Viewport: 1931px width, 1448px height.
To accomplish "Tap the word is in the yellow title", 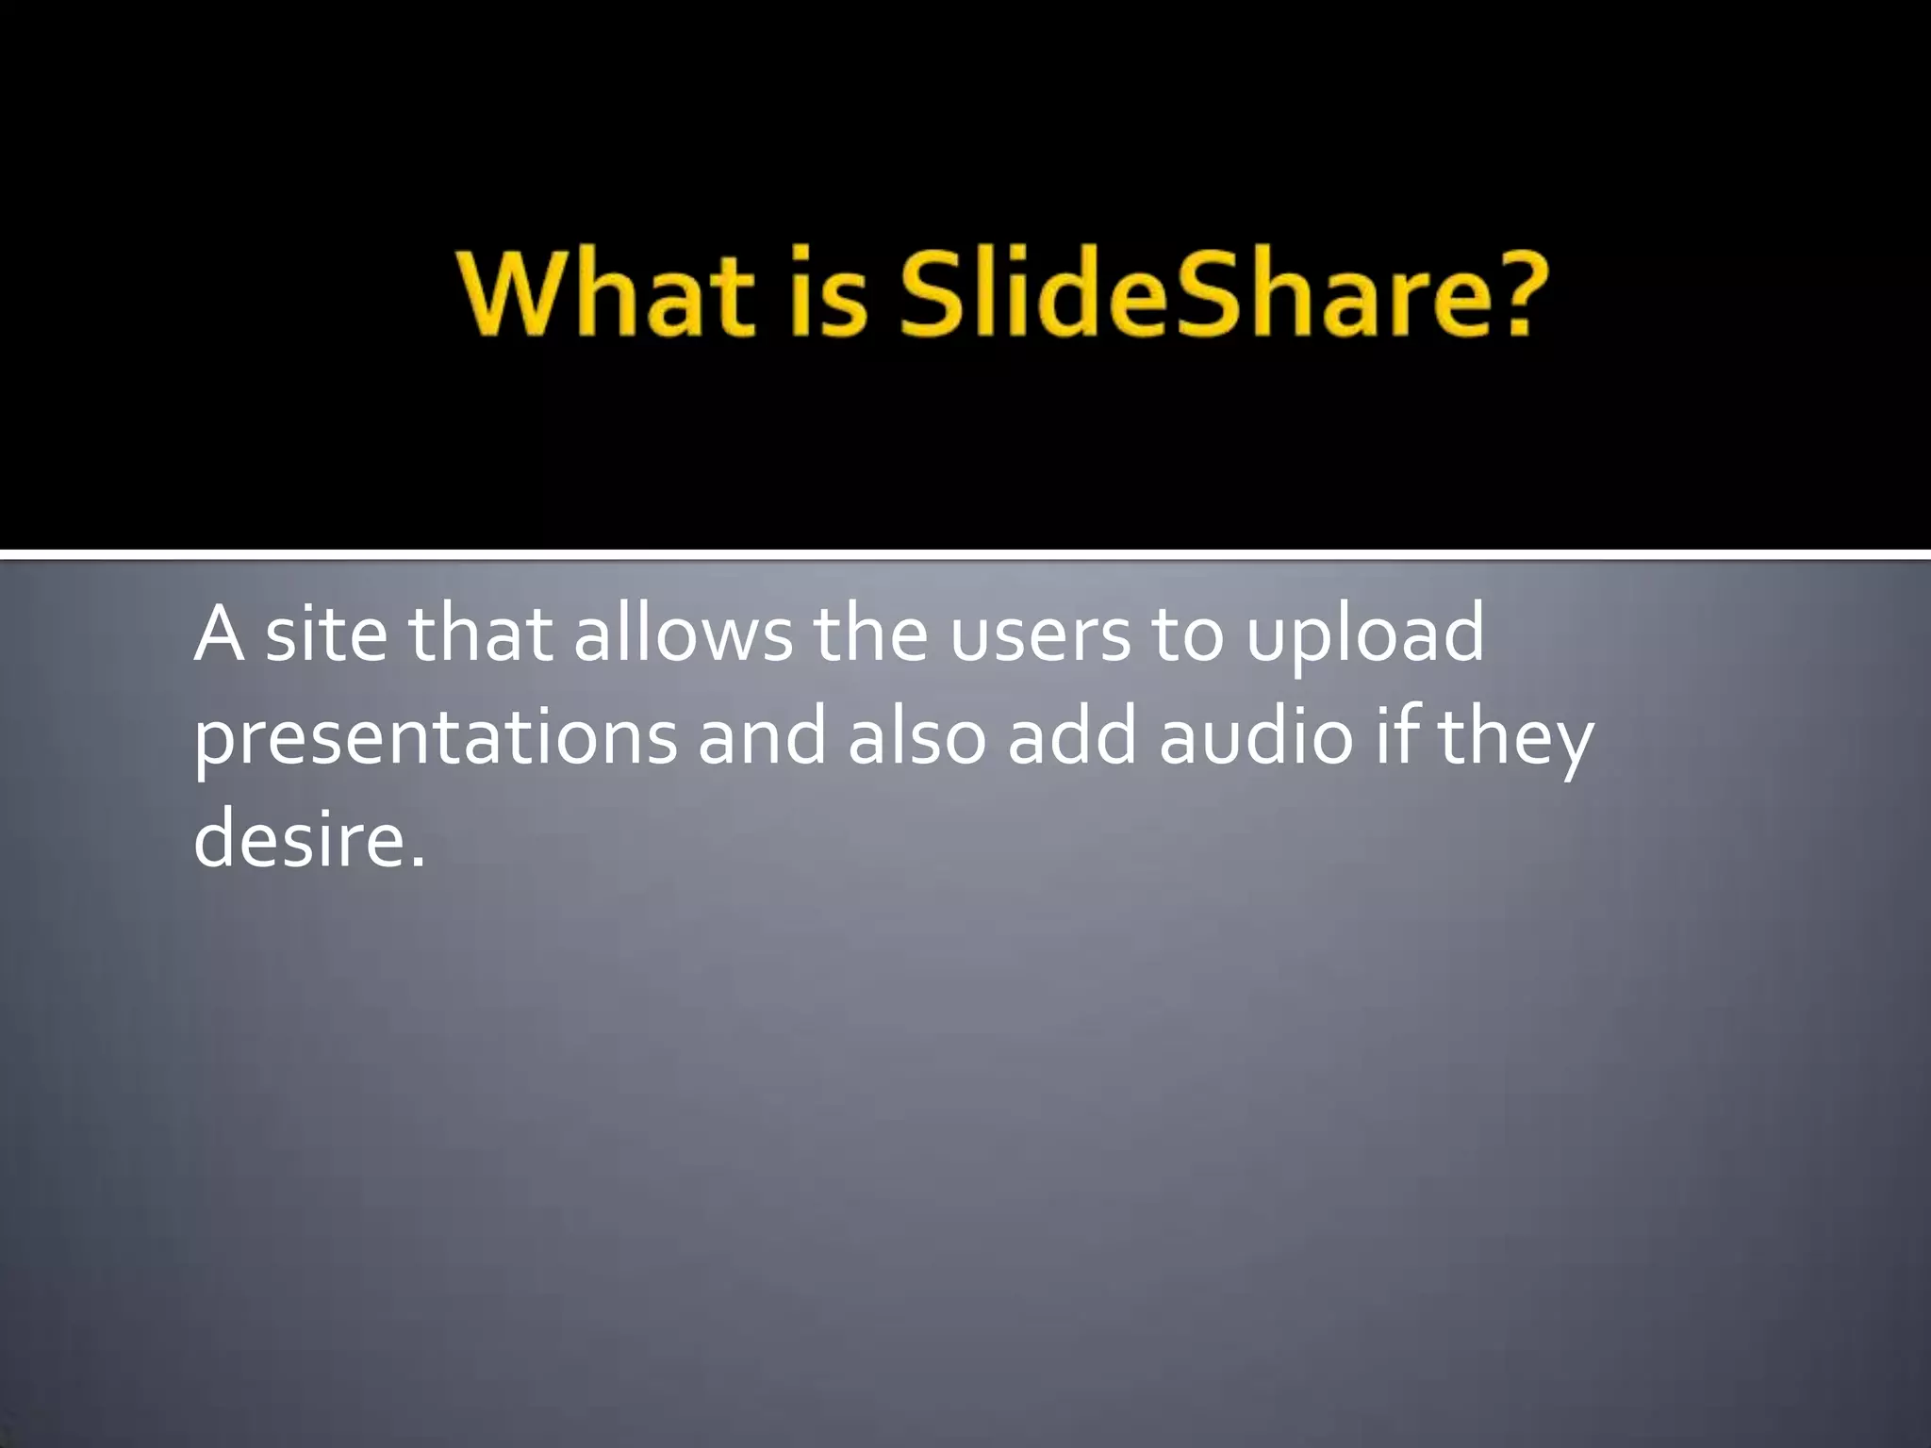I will [827, 293].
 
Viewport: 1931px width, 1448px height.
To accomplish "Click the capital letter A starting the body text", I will [219, 634].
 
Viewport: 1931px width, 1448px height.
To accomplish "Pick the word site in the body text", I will [325, 634].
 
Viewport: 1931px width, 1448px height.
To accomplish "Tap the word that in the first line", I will [480, 634].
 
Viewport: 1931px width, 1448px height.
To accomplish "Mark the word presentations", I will [435, 740].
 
